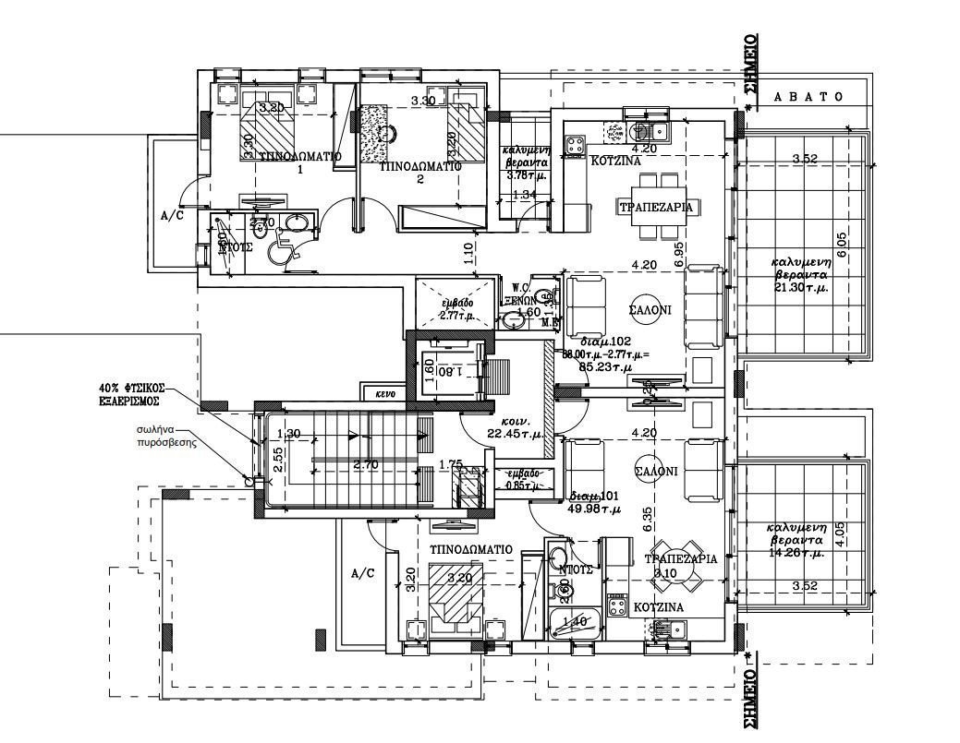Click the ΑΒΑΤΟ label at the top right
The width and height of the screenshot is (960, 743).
(808, 97)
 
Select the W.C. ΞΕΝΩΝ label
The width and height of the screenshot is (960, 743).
(520, 294)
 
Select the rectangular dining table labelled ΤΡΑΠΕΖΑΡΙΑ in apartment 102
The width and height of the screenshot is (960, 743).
(655, 207)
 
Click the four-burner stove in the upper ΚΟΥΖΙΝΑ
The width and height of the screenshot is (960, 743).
(575, 143)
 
